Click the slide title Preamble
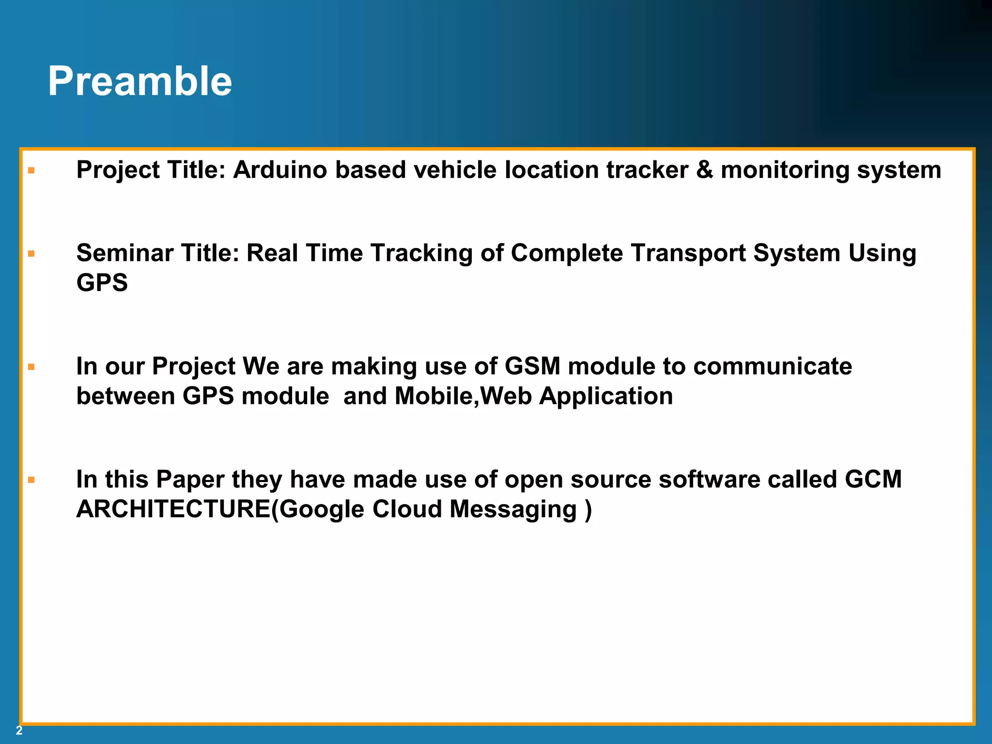(x=140, y=81)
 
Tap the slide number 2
(x=19, y=730)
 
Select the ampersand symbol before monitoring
(x=704, y=170)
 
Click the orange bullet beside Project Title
(x=31, y=170)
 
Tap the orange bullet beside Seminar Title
(x=31, y=254)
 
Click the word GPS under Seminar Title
(x=102, y=283)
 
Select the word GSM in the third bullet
(x=532, y=366)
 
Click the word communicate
(x=772, y=366)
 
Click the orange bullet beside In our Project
(x=31, y=367)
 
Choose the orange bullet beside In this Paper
(x=31, y=480)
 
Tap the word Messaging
(x=513, y=510)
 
